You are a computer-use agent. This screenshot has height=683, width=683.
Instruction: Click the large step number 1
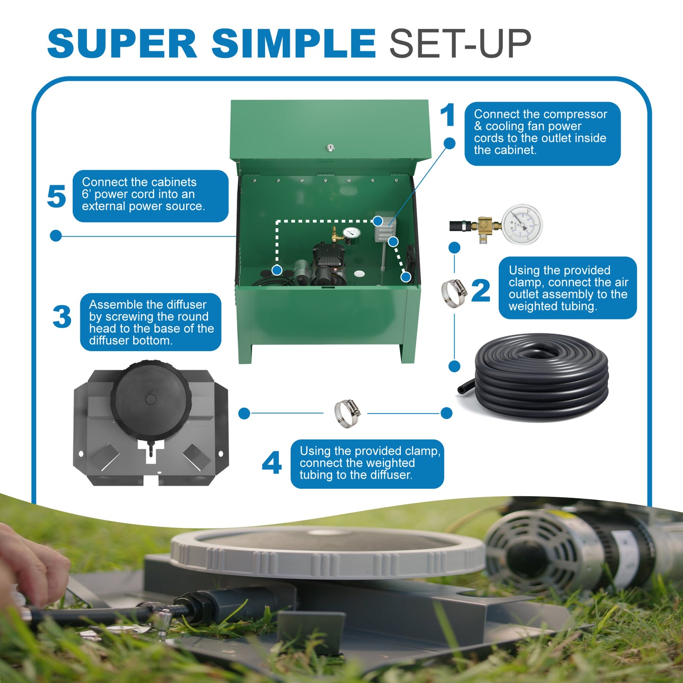pyautogui.click(x=447, y=115)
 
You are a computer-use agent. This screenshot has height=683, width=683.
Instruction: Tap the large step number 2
pyautogui.click(x=481, y=291)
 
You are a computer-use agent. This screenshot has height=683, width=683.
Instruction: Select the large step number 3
pyautogui.click(x=62, y=317)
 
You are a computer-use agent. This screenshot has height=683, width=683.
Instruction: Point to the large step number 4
pyautogui.click(x=272, y=463)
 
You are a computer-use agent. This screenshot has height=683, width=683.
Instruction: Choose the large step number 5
pyautogui.click(x=56, y=196)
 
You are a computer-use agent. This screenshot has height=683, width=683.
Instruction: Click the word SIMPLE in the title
pyautogui.click(x=293, y=43)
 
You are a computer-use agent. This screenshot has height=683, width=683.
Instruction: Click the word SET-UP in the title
pyautogui.click(x=460, y=43)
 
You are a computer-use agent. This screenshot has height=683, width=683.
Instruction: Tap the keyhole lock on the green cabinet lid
pyautogui.click(x=331, y=148)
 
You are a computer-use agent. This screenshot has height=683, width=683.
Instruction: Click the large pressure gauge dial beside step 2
pyautogui.click(x=521, y=224)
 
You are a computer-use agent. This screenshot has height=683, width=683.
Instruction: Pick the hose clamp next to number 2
pyautogui.click(x=453, y=293)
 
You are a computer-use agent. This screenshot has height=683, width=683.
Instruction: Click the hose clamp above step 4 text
pyautogui.click(x=347, y=413)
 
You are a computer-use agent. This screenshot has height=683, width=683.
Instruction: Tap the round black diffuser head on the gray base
pyautogui.click(x=151, y=398)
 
